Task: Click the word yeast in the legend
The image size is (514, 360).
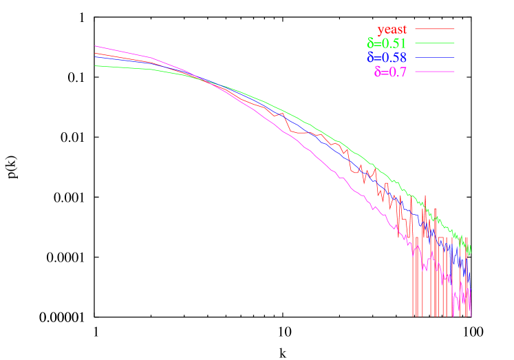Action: pyautogui.click(x=392, y=29)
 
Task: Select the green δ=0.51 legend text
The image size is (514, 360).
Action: pyautogui.click(x=387, y=43)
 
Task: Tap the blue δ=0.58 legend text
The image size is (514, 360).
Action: pyautogui.click(x=387, y=57)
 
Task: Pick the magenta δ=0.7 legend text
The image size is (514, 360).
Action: pyautogui.click(x=390, y=72)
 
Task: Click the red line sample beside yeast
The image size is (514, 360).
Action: pyautogui.click(x=434, y=29)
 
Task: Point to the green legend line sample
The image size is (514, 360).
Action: pyautogui.click(x=434, y=43)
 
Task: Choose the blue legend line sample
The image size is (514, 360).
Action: pyautogui.click(x=434, y=57)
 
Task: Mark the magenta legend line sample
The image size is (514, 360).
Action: pyautogui.click(x=434, y=72)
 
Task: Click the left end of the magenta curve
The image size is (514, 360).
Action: pyautogui.click(x=95, y=46)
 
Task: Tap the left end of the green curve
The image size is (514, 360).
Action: pyautogui.click(x=95, y=66)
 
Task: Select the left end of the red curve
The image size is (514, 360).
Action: pyautogui.click(x=95, y=53)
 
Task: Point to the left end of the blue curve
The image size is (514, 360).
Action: pyautogui.click(x=95, y=57)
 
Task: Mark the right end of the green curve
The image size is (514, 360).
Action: pyautogui.click(x=471, y=251)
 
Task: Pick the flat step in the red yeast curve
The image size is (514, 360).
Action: pyautogui.click(x=303, y=132)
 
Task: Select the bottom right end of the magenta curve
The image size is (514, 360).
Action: pyautogui.click(x=471, y=315)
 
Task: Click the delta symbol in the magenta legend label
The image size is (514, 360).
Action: pyautogui.click(x=378, y=72)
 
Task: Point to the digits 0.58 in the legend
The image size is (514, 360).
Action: pyautogui.click(x=391, y=57)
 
